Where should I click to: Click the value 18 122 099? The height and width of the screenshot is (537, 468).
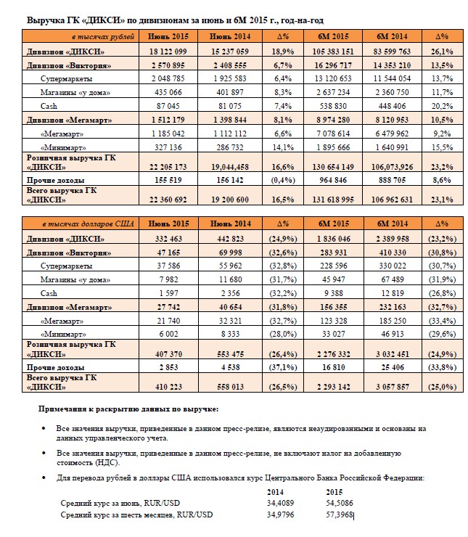168,52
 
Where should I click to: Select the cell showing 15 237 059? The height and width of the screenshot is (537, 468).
230,52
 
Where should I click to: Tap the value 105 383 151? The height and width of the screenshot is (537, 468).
333,52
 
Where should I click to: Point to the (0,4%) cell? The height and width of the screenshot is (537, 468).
283,180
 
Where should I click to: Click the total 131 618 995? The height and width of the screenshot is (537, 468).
333,200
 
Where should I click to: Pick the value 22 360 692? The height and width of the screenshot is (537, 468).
168,200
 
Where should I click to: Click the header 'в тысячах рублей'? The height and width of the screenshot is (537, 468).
103,36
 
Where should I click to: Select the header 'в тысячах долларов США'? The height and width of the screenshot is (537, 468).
89,224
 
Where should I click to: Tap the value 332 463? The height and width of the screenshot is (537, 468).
168,239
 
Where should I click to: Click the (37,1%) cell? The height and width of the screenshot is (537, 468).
283,367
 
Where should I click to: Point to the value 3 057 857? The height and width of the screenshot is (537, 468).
393,387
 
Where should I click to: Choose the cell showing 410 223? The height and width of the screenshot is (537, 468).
168,387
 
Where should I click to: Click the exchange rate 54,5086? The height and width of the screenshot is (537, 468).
340,503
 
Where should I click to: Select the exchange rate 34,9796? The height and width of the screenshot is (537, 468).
280,515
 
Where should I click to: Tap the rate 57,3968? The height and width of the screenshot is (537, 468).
340,515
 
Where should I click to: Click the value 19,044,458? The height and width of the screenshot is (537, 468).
230,167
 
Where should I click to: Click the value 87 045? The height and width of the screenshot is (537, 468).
168,106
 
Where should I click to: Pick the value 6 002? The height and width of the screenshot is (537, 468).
168,334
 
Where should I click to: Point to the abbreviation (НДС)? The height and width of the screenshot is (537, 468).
107,463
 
